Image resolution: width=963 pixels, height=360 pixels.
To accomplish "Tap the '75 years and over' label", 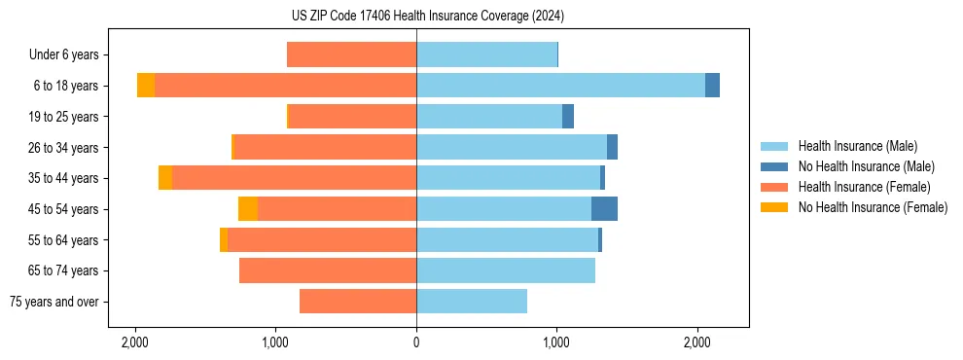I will (x=54, y=302).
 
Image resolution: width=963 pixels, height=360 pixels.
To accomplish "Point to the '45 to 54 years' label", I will (x=64, y=209).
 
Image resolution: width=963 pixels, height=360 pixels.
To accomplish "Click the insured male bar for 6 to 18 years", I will (x=560, y=86).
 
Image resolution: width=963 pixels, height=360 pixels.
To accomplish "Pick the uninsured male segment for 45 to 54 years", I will (x=604, y=209).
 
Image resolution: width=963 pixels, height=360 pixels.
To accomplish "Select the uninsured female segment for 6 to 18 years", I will (x=146, y=86).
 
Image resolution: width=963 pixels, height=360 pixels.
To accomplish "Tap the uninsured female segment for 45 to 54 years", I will (x=248, y=209).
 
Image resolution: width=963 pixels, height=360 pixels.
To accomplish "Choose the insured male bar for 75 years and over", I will (x=472, y=302).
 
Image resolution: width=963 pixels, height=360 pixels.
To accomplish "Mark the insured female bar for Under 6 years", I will (x=351, y=54).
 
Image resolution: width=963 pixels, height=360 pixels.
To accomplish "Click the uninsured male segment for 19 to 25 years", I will (x=568, y=117).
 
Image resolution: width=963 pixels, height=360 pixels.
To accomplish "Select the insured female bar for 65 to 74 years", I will (x=328, y=270).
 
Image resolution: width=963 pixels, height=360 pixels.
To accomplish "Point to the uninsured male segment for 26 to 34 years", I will (x=612, y=147).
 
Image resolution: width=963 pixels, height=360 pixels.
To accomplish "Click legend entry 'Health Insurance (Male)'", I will (x=857, y=146).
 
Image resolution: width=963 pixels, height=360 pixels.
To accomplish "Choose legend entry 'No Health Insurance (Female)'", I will (x=873, y=207).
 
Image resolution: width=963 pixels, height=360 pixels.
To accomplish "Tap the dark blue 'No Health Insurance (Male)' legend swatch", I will (x=774, y=166).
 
